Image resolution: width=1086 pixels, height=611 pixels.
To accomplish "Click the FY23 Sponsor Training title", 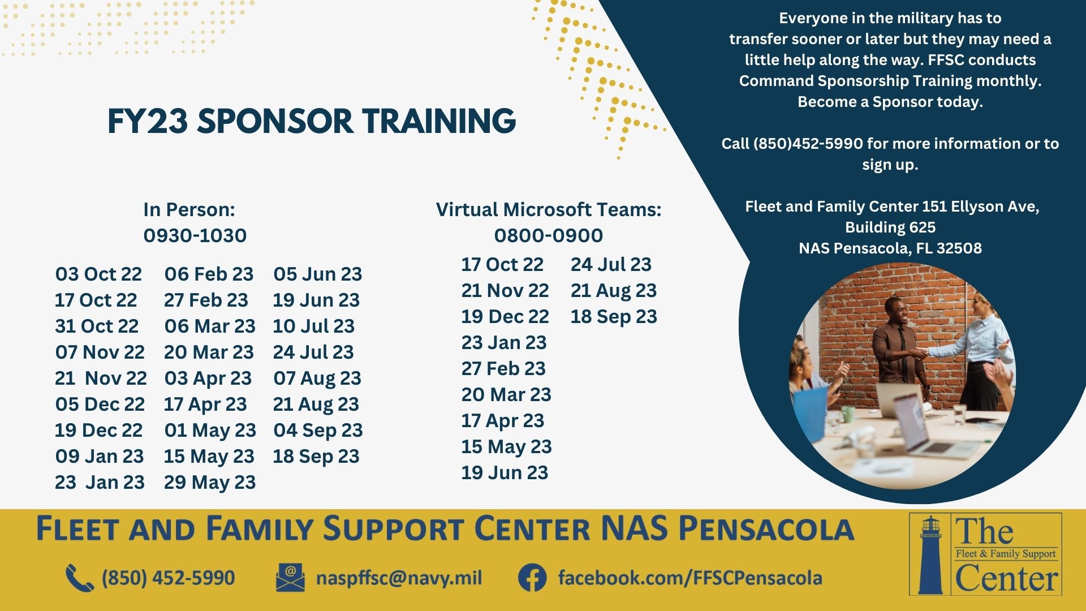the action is (312, 121).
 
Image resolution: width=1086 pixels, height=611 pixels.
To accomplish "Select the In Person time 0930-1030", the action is (195, 235).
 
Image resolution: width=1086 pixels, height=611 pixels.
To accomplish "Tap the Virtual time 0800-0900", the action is (549, 235).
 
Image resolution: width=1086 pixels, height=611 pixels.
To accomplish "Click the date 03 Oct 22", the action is (98, 274).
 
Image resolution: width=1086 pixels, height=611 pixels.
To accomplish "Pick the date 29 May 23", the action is (210, 483).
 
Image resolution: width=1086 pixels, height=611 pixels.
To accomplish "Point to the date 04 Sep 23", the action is (318, 431).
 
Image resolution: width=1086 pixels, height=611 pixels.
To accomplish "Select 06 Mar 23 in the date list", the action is (210, 326).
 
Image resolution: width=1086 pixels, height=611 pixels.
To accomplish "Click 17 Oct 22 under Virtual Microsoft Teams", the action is (502, 264).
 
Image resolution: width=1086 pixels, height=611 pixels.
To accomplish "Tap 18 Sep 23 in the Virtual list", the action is (614, 317).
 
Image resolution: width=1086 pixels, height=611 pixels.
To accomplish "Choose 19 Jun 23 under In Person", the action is (316, 300).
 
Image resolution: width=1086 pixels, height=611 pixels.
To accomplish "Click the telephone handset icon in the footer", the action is (80, 578).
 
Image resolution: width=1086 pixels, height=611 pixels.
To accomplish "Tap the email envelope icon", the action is (290, 578).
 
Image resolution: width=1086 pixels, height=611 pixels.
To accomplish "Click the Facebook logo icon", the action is (532, 578).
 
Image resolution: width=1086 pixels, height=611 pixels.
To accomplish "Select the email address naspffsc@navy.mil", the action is (399, 578).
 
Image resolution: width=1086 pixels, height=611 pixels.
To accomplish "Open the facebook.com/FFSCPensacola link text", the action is (690, 578).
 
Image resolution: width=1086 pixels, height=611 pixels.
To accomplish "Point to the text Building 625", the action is (890, 227).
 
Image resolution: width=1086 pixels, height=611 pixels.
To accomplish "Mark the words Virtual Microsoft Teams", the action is (549, 209).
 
